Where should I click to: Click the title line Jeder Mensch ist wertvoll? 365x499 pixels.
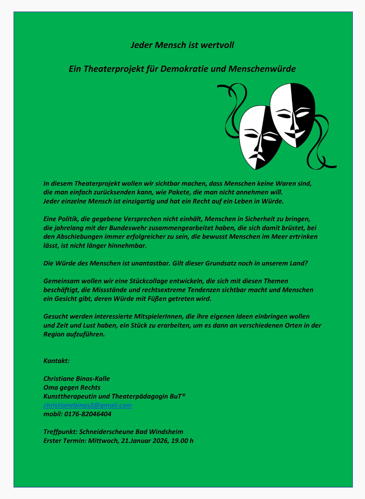(182, 45)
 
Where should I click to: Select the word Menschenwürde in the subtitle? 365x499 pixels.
(262, 69)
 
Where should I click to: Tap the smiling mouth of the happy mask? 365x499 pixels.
(294, 135)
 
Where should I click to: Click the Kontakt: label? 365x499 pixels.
(56, 361)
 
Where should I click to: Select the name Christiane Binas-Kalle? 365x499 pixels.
(77, 379)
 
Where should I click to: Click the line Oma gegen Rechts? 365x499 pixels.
(72, 387)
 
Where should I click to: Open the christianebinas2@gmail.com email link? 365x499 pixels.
(88, 405)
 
